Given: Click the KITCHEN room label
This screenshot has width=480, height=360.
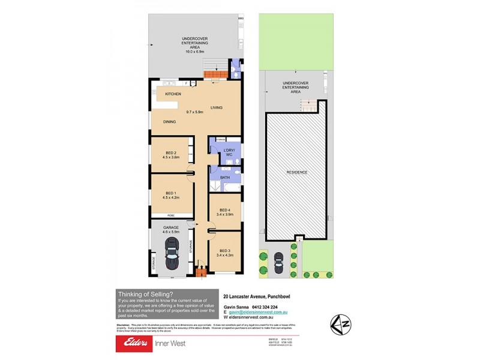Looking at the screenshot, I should coord(173,94).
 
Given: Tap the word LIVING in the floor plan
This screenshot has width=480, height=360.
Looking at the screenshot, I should coord(217,107).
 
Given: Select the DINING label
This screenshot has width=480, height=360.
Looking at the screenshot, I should coord(169,122).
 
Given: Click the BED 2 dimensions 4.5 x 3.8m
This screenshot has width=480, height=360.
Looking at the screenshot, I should coord(171,157).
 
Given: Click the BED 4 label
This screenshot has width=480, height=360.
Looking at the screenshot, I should coord(225,209).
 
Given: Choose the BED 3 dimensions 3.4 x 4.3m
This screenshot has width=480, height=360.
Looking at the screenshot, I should coord(225,255).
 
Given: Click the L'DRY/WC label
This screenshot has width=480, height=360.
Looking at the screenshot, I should coord(229,152).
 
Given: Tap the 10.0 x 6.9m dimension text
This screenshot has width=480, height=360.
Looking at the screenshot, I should coord(194,52).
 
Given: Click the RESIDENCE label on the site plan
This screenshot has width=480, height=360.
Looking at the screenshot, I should coord(296,172).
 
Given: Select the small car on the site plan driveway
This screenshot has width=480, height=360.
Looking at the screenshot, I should coord(278,262).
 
